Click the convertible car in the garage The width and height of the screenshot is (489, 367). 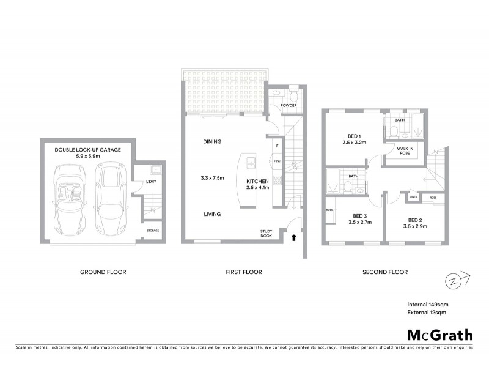[72, 199]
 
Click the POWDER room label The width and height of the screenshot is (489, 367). [289, 106]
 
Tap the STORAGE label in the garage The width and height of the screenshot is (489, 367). [153, 231]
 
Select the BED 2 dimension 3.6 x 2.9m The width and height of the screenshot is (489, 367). [413, 226]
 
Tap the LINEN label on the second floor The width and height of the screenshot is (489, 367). [414, 197]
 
